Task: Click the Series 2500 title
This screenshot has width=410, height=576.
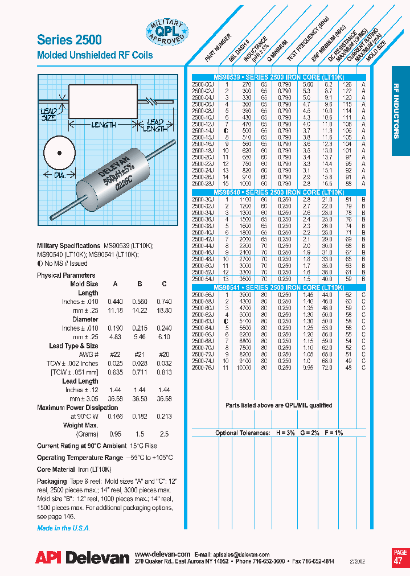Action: coord(69,39)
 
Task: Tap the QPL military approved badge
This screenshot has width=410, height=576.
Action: coord(166,32)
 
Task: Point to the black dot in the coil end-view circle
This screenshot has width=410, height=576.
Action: coord(59,153)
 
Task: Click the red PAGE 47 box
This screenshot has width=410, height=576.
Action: coord(400,557)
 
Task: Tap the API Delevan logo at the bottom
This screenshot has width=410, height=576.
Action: coord(83,558)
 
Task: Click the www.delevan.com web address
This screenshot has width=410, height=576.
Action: coord(162,554)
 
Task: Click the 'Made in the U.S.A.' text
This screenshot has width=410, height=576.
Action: coord(63,528)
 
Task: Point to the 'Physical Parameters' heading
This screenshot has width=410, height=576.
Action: coord(66,275)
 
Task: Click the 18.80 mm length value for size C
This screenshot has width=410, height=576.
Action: coord(164,310)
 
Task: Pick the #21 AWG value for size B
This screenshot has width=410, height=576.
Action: coord(139,354)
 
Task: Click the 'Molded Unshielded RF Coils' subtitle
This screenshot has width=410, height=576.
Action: coord(95,56)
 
